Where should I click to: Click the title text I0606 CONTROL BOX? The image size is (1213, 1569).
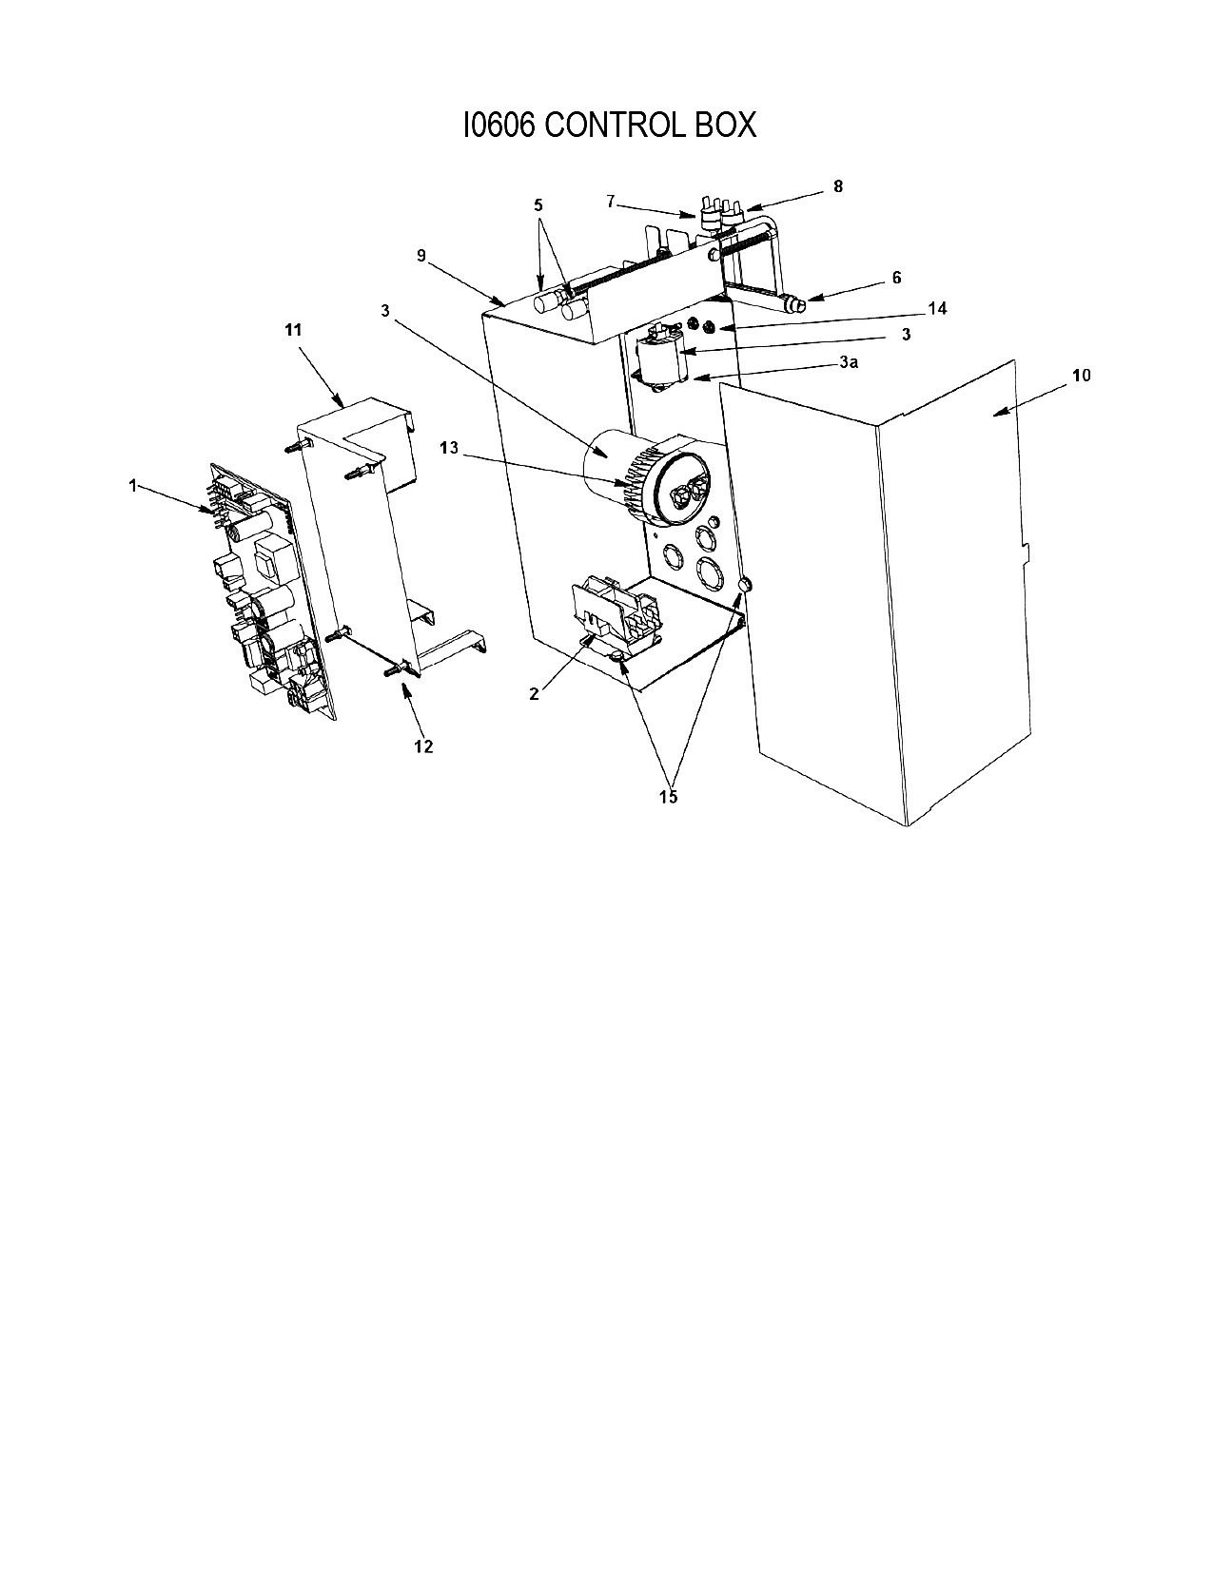pos(609,126)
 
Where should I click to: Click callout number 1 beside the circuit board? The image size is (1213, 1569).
pos(133,486)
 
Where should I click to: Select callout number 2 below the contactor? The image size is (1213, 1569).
pos(534,694)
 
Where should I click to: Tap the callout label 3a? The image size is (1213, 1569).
pos(849,362)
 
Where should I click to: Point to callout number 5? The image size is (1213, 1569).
pos(538,205)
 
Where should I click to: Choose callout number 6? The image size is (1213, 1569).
pos(896,278)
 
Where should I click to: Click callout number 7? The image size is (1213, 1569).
pos(611,201)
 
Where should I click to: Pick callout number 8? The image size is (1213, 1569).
pos(838,186)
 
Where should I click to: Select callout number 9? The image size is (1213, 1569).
pos(421,255)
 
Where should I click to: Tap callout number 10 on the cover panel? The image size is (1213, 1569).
pos(1082,376)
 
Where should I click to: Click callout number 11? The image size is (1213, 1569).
pos(293,330)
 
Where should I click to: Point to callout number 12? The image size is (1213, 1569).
pos(423,746)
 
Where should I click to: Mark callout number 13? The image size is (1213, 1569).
pos(449,448)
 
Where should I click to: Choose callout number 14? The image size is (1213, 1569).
pos(937,308)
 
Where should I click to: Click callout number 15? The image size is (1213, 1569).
pos(668,797)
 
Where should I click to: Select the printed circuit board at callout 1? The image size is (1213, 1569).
pos(271,591)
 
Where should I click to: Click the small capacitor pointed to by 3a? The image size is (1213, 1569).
pos(657,358)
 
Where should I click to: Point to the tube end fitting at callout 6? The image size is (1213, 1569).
pos(794,304)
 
